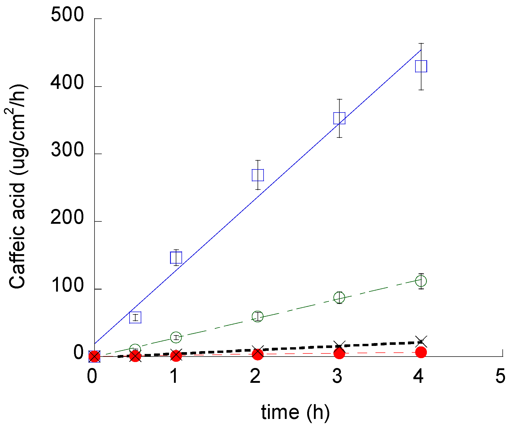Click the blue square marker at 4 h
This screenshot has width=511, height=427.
[421, 66]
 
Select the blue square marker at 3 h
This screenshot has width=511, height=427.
[339, 118]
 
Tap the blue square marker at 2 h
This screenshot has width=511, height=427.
[258, 175]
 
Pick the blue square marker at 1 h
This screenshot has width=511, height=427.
[176, 258]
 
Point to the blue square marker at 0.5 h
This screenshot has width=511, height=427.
[135, 317]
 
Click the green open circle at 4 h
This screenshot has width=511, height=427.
[421, 281]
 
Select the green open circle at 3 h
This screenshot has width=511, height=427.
[339, 298]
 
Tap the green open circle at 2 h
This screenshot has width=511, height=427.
[258, 316]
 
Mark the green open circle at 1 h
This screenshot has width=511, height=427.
[176, 337]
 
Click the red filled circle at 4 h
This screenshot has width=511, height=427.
[421, 352]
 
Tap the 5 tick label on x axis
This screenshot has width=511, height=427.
[500, 376]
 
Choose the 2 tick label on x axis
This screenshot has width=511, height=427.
[255, 376]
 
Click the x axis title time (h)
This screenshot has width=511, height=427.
[295, 412]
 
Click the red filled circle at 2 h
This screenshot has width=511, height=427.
[258, 354]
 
